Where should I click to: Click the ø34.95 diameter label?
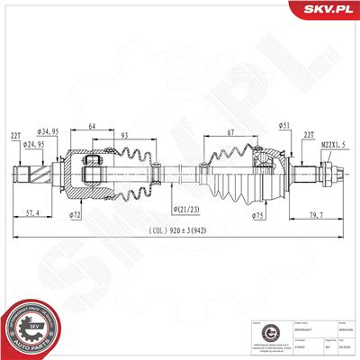50,132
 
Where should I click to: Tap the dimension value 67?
231,133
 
